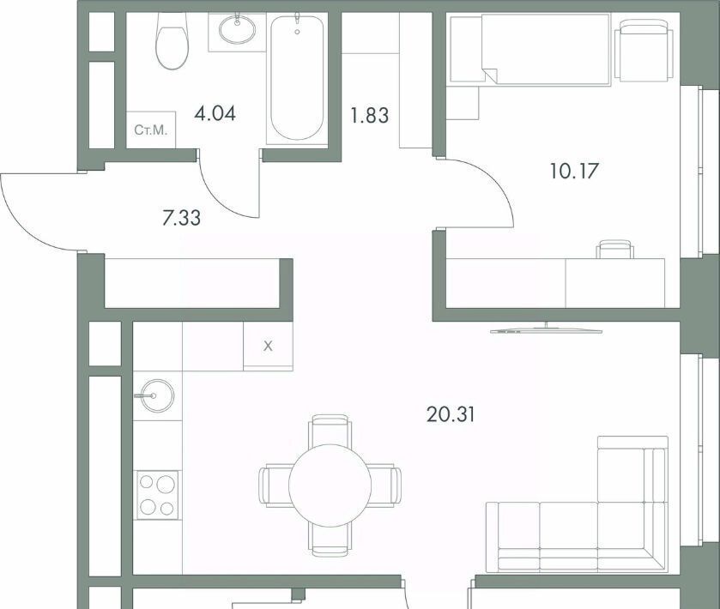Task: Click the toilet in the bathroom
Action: [x=172, y=40]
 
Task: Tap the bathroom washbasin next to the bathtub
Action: [x=238, y=30]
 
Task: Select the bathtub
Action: [x=297, y=78]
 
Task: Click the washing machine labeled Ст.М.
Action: [x=151, y=130]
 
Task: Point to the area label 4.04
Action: [x=215, y=113]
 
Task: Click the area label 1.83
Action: [x=370, y=115]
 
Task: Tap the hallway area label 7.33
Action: [x=182, y=218]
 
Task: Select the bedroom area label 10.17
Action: [x=574, y=172]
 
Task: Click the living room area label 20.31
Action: [x=451, y=414]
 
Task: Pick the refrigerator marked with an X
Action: [x=268, y=346]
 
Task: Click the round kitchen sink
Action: [x=157, y=395]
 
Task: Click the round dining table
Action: [x=330, y=485]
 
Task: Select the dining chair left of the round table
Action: [x=274, y=486]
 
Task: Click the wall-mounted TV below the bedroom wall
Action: [x=546, y=329]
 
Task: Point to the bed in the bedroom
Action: [x=531, y=49]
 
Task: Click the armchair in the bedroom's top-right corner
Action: [x=643, y=51]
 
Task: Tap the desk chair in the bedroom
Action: [x=615, y=250]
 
